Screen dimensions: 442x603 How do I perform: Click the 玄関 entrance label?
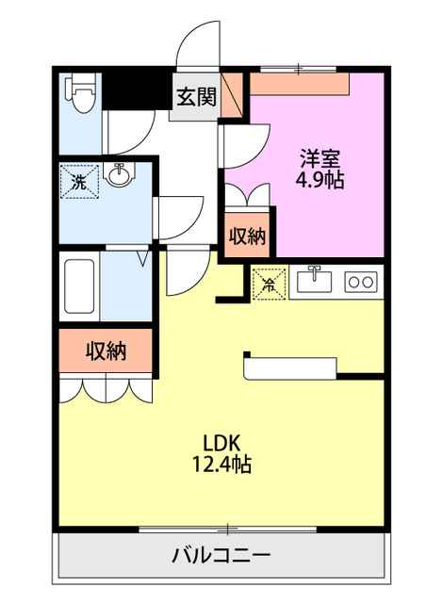pyautogui.click(x=196, y=96)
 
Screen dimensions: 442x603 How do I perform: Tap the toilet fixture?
pyautogui.click(x=80, y=94)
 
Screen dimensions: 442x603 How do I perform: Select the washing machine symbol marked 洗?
pyautogui.click(x=80, y=182)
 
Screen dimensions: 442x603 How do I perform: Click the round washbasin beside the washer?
pyautogui.click(x=120, y=175)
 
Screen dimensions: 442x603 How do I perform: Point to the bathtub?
pyautogui.click(x=79, y=286)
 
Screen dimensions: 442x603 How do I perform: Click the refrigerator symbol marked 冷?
pyautogui.click(x=269, y=284)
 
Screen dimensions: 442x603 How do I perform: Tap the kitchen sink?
pyautogui.click(x=314, y=280)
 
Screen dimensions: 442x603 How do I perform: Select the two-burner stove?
pyautogui.click(x=361, y=282)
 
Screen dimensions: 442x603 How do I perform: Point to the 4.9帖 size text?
pyautogui.click(x=319, y=179)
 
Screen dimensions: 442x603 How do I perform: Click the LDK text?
pyautogui.click(x=222, y=443)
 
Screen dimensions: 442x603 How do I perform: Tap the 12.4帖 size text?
pyautogui.click(x=221, y=464)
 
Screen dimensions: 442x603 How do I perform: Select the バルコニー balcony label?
pyautogui.click(x=221, y=556)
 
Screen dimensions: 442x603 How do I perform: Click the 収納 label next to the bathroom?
pyautogui.click(x=106, y=350)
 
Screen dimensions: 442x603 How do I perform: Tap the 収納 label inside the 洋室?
pyautogui.click(x=247, y=236)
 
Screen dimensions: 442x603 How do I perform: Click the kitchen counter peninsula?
pyautogui.click(x=290, y=368)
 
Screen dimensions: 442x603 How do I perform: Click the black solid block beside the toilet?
pyautogui.click(x=137, y=91)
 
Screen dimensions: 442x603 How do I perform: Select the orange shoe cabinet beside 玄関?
pyautogui.click(x=232, y=94)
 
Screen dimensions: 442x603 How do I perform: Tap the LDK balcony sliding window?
pyautogui.click(x=228, y=530)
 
